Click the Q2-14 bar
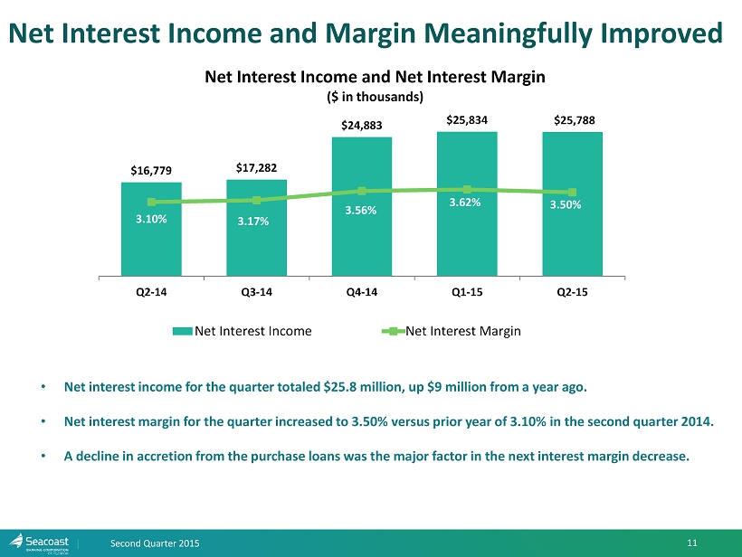click(x=151, y=244)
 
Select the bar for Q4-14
click(x=362, y=235)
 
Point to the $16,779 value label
click(x=150, y=169)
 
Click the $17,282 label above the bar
click(x=256, y=166)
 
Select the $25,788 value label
click(x=574, y=119)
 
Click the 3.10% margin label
click(x=151, y=218)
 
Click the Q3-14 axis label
click(x=256, y=292)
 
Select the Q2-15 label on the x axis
click(x=572, y=292)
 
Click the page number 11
click(x=692, y=542)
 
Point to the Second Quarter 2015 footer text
click(x=155, y=542)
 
